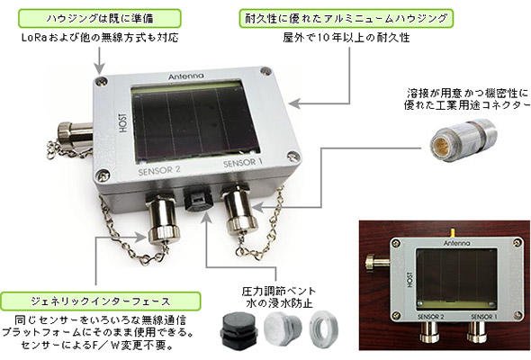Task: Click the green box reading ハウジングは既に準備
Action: click(x=100, y=18)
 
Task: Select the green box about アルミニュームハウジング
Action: click(x=346, y=18)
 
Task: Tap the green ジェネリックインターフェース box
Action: click(x=100, y=301)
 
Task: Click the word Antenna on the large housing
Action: click(x=186, y=76)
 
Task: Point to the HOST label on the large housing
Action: click(x=123, y=122)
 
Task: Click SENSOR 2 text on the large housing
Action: click(x=159, y=171)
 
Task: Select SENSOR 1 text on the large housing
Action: click(x=242, y=163)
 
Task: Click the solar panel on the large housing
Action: click(x=194, y=121)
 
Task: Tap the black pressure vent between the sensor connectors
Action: click(x=198, y=199)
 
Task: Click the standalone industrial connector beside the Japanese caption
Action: click(x=463, y=139)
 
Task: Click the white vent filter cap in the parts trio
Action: click(x=283, y=328)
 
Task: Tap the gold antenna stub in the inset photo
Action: click(x=452, y=233)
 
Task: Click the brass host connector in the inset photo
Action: click(x=377, y=262)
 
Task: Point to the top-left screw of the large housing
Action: click(x=101, y=81)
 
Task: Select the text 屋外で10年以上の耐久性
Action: click(x=346, y=37)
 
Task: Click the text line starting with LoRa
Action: click(x=100, y=37)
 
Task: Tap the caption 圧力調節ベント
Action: click(x=279, y=292)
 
